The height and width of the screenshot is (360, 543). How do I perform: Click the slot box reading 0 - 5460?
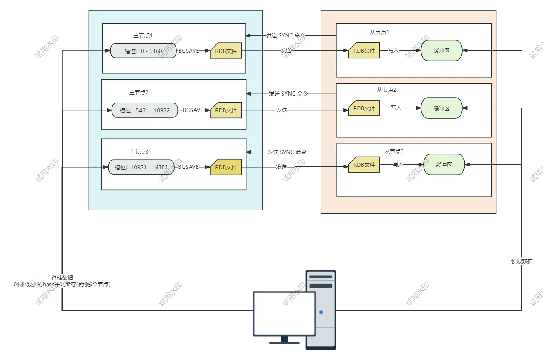tap(143, 51)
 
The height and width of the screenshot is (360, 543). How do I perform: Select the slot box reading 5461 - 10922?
tap(145, 110)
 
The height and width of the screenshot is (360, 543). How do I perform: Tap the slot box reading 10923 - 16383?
tap(141, 167)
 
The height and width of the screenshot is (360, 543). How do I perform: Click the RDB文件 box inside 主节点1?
tap(226, 51)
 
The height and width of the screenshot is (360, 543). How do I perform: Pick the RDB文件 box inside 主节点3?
tap(226, 167)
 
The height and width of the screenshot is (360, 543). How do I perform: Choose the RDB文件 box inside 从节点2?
tap(364, 108)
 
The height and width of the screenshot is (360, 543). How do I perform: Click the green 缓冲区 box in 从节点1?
tap(441, 50)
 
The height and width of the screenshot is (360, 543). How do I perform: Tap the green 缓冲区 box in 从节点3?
tap(444, 165)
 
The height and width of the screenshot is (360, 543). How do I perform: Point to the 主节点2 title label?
tap(139, 92)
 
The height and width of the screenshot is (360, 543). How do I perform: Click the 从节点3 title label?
tap(394, 151)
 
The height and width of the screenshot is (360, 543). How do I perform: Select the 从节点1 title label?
tap(379, 32)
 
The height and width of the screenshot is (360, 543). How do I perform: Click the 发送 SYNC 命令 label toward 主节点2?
tap(288, 94)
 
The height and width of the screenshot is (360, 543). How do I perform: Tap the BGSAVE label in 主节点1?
tap(188, 51)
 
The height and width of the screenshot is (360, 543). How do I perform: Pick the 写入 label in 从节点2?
tap(396, 108)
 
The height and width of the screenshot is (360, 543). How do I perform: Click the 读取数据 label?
tap(522, 261)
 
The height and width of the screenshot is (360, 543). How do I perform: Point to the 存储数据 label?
tap(62, 278)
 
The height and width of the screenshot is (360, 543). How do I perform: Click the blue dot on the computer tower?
tap(321, 312)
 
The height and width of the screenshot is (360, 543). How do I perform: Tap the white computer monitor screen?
tap(284, 314)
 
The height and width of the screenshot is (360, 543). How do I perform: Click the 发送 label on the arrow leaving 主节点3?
tap(281, 167)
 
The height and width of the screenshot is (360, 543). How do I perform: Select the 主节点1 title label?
tap(143, 36)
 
